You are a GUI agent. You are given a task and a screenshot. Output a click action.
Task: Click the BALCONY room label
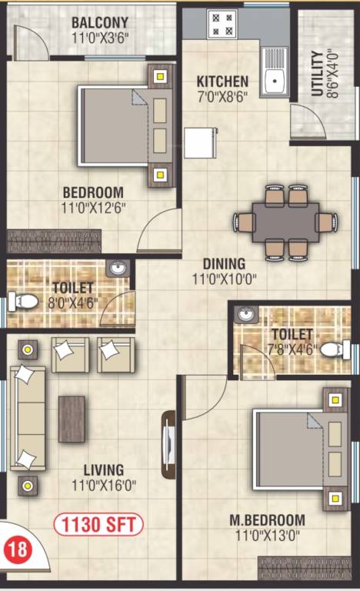100,22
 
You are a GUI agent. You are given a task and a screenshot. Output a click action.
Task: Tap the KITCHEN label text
222,82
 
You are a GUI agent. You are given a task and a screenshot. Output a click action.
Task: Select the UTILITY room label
317,74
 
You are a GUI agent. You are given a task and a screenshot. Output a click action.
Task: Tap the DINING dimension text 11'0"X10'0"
224,280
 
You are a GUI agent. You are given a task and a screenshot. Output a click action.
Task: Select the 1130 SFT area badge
98,526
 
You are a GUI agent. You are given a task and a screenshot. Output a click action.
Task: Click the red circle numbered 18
16,551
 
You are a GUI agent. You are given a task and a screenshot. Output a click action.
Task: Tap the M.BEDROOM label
268,520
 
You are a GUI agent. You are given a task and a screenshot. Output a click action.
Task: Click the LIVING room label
104,469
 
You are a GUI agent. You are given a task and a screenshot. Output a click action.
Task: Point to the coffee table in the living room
72,419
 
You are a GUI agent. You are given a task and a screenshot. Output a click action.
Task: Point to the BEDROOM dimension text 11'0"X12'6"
94,207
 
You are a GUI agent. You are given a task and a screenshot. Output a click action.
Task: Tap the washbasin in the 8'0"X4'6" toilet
116,269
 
